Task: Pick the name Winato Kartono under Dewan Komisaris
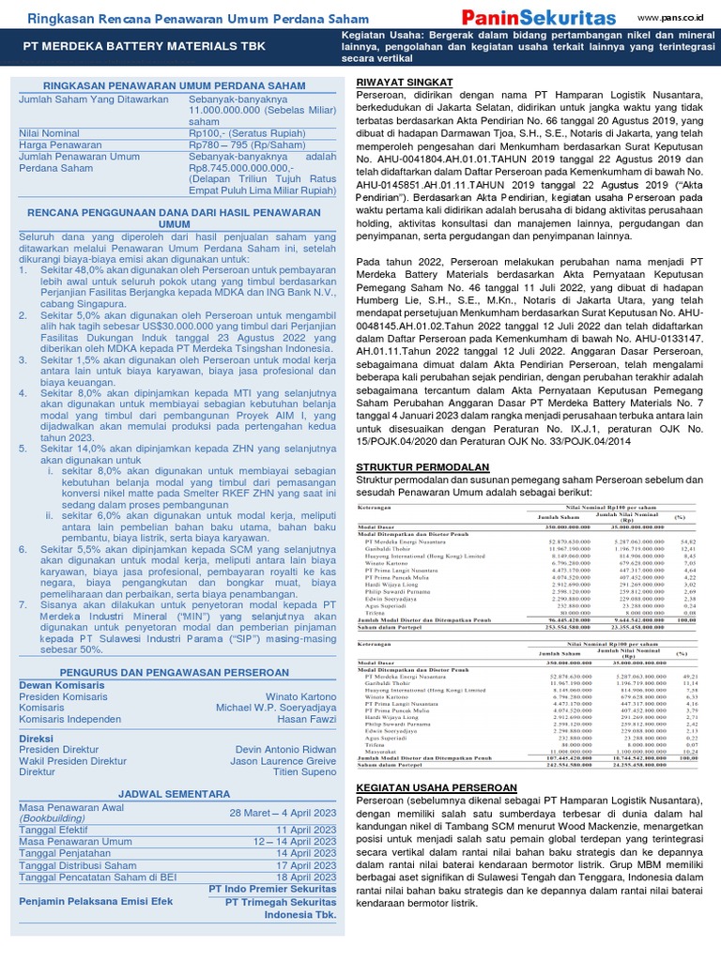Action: point(300,695)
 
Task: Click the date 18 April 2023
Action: point(306,877)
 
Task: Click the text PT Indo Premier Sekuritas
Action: point(272,889)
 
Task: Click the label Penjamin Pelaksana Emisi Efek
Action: point(97,902)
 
